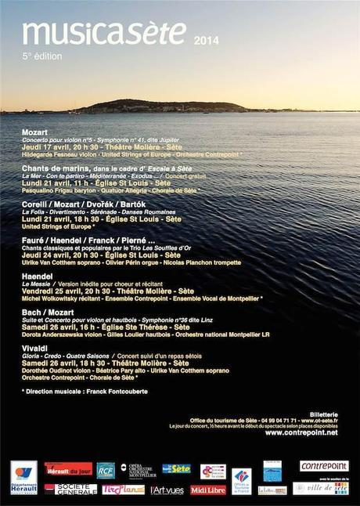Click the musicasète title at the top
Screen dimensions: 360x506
click(x=104, y=33)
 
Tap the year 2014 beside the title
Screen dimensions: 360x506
click(x=207, y=40)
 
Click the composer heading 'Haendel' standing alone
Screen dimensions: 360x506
click(x=37, y=276)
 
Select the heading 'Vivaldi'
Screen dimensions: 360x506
click(x=35, y=349)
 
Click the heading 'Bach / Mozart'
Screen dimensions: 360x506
click(x=51, y=313)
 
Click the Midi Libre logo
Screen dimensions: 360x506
click(x=207, y=490)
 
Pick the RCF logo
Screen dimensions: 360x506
click(x=105, y=470)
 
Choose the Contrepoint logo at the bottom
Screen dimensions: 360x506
click(x=323, y=466)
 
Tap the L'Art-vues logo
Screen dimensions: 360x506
click(x=167, y=490)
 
